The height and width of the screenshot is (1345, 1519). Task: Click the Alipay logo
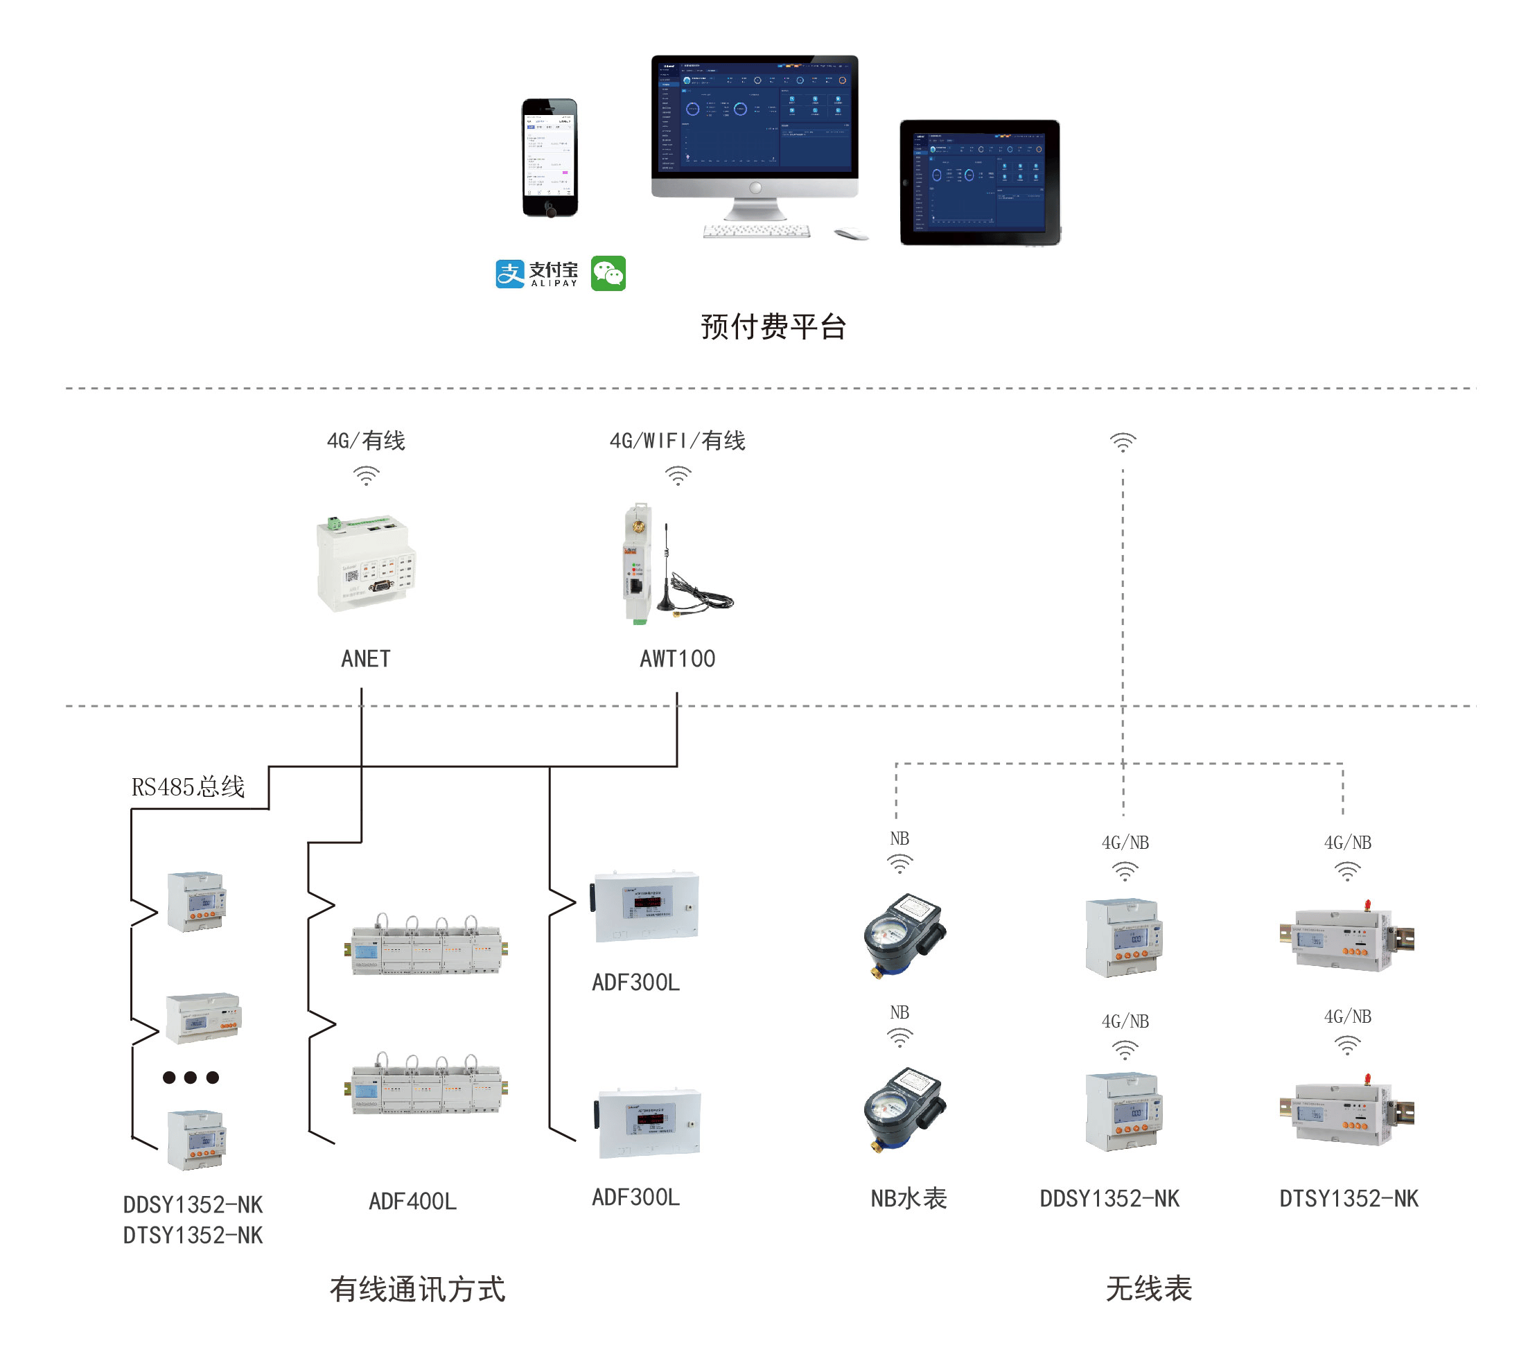(x=536, y=274)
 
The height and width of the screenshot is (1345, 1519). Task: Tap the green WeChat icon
(x=608, y=274)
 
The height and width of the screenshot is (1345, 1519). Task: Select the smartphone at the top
(x=550, y=157)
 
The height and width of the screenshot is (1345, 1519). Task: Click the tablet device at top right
(x=979, y=182)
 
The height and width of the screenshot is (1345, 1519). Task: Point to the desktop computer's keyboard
(x=757, y=231)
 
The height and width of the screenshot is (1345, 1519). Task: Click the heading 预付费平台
(x=773, y=326)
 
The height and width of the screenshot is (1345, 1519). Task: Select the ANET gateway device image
(x=366, y=563)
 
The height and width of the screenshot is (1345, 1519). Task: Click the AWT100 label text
(x=677, y=658)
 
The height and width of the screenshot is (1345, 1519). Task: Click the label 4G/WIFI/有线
(x=677, y=441)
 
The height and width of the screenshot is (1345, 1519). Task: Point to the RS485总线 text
(x=188, y=786)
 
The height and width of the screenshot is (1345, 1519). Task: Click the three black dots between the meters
(x=191, y=1077)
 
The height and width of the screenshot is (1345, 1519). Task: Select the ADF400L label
(x=412, y=1201)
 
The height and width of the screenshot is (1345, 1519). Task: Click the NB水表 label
(x=908, y=1198)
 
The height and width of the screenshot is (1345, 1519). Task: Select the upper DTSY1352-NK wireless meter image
(x=1346, y=938)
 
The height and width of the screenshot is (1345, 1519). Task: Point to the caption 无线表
(x=1148, y=1287)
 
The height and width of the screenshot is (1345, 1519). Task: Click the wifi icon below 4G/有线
(x=366, y=475)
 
